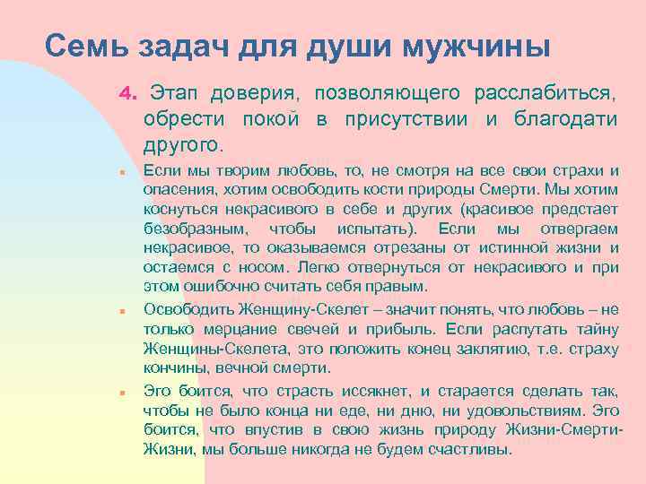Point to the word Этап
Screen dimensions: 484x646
tap(174, 93)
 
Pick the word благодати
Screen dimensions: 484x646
tap(565, 118)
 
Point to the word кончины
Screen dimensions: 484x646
tap(173, 368)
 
